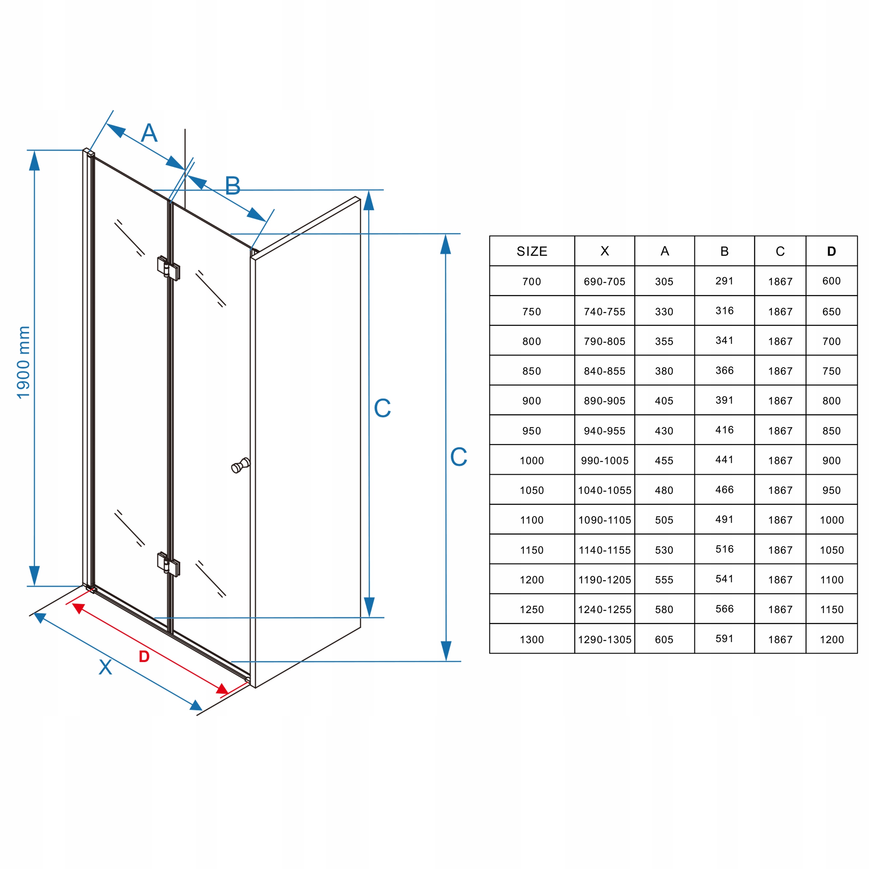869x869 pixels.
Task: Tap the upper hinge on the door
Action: pos(169,268)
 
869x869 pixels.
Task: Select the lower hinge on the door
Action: pos(169,564)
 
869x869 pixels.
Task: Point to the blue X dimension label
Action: pos(105,667)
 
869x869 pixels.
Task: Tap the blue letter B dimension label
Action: pos(233,186)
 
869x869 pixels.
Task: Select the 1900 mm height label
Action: pos(23,362)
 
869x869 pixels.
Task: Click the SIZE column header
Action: pos(532,252)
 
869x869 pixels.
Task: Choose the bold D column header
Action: pos(831,252)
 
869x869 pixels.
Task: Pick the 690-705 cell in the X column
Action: pos(605,281)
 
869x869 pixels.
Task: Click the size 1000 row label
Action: pos(532,461)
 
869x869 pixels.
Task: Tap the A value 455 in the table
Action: pos(664,461)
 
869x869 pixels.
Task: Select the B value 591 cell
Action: pos(724,639)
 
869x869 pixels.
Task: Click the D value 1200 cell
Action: pos(831,640)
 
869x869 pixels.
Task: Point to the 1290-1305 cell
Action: pos(605,640)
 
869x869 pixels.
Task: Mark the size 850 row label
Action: pos(532,371)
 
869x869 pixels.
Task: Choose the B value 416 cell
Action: pos(724,430)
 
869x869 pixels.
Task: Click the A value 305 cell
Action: pos(664,281)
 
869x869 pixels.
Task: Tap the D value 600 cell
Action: pos(831,281)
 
